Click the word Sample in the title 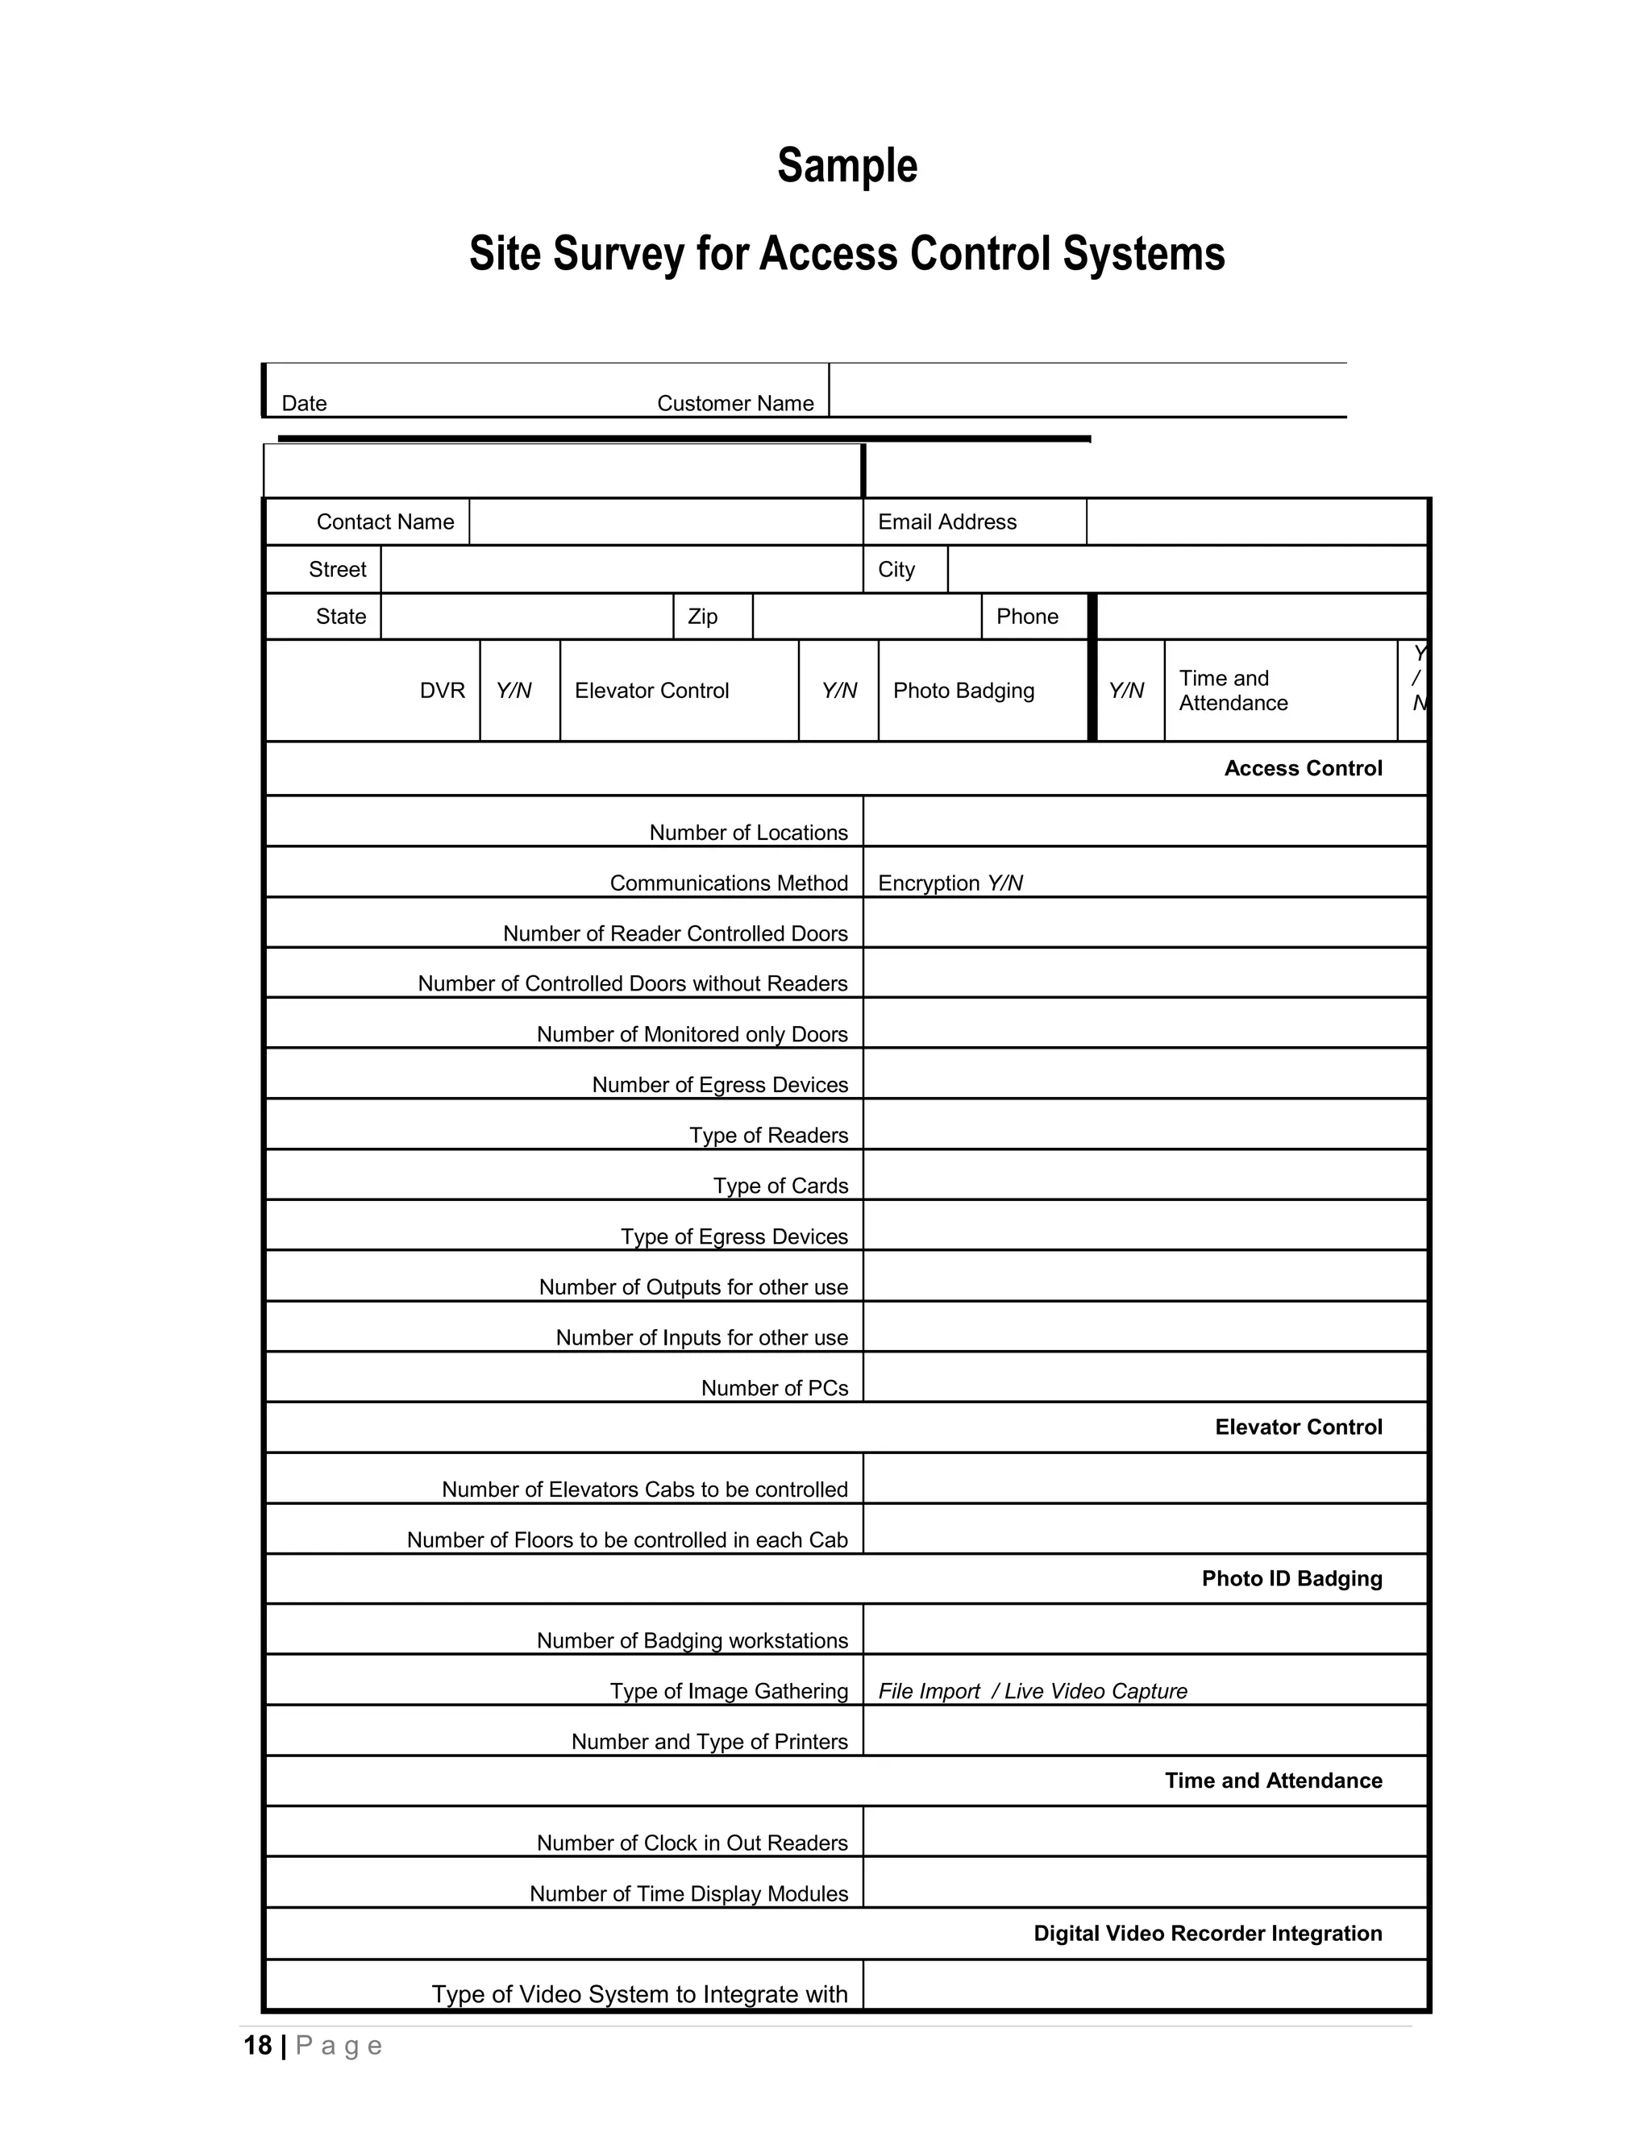tap(847, 165)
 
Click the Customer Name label tap(734, 403)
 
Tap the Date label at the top tap(303, 403)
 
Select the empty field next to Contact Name tap(665, 522)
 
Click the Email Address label tap(946, 522)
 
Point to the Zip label tap(702, 616)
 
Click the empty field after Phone tap(1262, 616)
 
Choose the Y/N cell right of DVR tap(514, 691)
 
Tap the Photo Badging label tap(963, 691)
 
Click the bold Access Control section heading tap(1303, 769)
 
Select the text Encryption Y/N tap(950, 883)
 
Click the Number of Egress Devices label tap(720, 1085)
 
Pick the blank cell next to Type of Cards tap(1145, 1174)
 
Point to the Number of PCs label tap(774, 1388)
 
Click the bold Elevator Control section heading tap(1298, 1427)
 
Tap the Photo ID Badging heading tap(1291, 1578)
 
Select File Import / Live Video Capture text tap(1032, 1691)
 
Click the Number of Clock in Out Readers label tap(692, 1843)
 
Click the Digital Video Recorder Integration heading tap(1207, 1934)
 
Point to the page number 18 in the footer tap(257, 2046)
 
